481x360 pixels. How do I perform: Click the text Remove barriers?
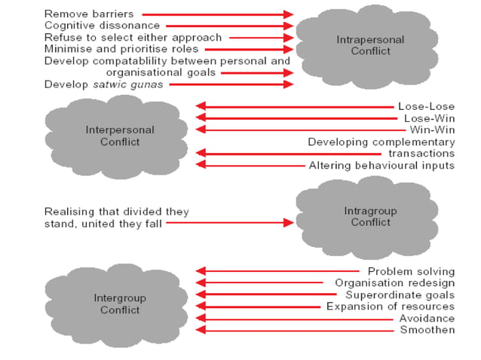(90, 14)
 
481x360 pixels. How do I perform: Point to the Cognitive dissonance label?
(102, 26)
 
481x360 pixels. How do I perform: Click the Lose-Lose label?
(426, 106)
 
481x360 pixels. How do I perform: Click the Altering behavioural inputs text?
(381, 165)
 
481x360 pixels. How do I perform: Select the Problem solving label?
(411, 271)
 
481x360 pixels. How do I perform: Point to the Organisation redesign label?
(394, 283)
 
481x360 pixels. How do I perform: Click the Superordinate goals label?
(400, 294)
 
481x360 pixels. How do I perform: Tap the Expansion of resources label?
(391, 307)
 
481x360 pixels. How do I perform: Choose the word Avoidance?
(425, 319)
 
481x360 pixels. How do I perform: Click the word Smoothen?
(427, 330)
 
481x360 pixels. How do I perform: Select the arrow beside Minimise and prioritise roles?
(249, 49)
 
